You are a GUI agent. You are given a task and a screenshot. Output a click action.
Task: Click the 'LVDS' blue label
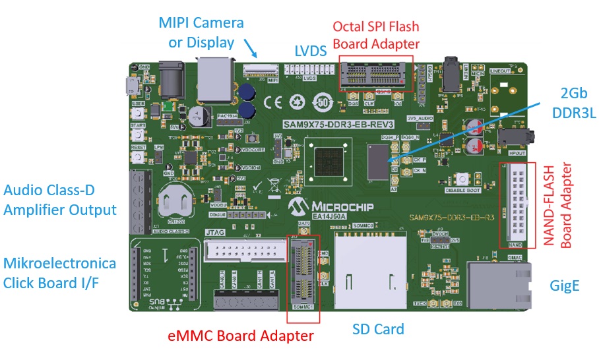click(310, 51)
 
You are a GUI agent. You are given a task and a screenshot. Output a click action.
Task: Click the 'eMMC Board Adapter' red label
click(257, 336)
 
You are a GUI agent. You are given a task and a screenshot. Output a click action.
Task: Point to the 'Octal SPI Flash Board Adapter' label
click(376, 35)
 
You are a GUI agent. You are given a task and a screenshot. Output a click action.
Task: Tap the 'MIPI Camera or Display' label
click(201, 32)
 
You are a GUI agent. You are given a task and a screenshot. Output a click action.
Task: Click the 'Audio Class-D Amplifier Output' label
click(60, 200)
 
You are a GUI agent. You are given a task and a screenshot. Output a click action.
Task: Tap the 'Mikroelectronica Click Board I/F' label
click(60, 273)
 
